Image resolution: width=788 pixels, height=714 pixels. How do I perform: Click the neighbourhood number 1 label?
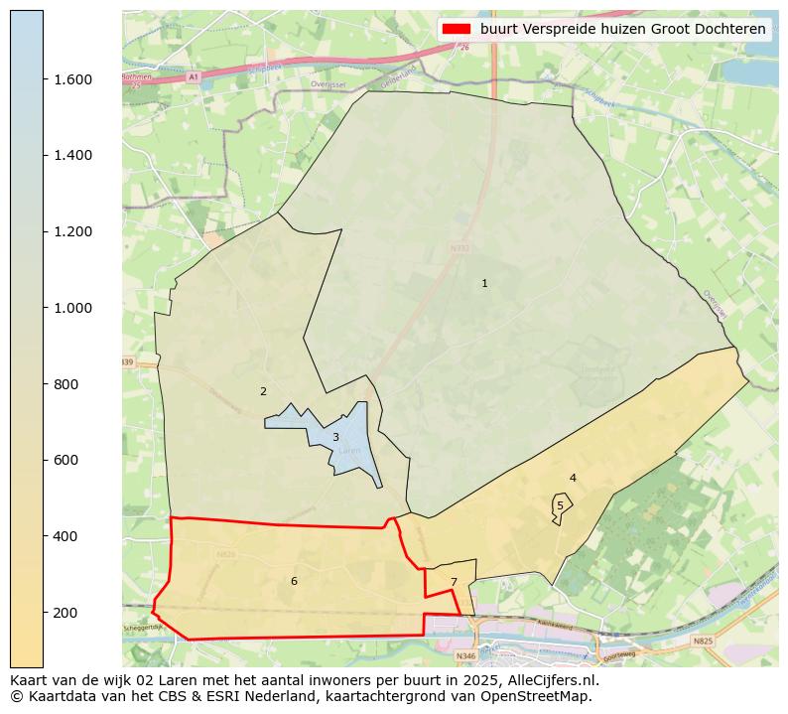coord(484,284)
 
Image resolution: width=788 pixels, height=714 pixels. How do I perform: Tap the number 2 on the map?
coord(263,391)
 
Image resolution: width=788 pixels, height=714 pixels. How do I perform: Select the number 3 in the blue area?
coord(335,437)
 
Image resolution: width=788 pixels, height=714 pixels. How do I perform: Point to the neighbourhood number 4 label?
coord(573,479)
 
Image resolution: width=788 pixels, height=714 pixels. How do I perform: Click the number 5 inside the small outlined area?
coord(560,505)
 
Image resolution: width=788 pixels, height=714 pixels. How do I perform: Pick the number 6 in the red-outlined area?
coord(294,581)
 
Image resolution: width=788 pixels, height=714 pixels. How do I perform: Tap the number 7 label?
coord(454,582)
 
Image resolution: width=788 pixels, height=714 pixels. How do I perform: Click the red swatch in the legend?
coord(458,30)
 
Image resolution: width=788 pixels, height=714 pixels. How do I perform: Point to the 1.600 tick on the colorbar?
coord(72,79)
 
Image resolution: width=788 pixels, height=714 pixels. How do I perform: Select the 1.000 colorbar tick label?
coord(72,308)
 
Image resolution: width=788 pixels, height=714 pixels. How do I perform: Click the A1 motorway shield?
coord(193,76)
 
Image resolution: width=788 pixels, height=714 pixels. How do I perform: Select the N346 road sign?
coord(465,656)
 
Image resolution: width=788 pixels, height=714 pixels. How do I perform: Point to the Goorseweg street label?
coord(617,655)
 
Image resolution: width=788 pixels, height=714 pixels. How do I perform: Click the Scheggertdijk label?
coord(142,629)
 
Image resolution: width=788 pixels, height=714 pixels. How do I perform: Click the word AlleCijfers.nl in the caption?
coord(551,681)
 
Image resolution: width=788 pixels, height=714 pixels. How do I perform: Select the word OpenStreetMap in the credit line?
coord(541,696)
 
